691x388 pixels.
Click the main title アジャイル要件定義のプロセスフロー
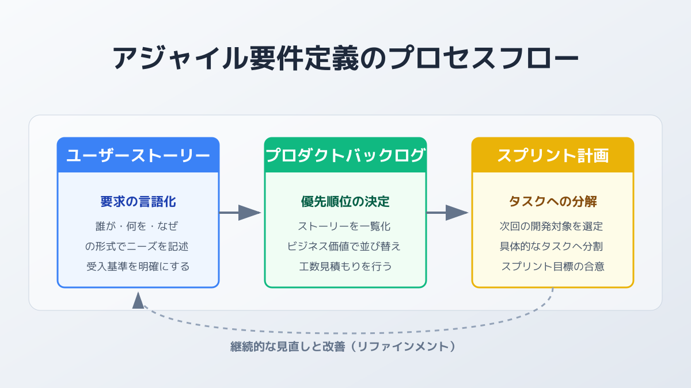point(345,58)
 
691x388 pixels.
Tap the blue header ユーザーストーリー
point(138,155)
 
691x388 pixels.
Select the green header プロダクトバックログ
point(345,155)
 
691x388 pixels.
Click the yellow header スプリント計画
point(553,155)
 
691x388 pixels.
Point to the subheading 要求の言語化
point(138,202)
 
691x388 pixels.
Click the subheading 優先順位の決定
point(345,202)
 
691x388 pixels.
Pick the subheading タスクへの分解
point(553,202)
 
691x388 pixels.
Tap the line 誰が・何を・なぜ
point(138,226)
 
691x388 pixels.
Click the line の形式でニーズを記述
point(138,247)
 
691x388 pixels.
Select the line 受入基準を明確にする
point(138,267)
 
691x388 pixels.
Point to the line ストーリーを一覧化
point(345,226)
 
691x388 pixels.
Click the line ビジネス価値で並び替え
point(345,247)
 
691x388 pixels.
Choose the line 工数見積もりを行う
point(345,267)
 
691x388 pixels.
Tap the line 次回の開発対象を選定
point(553,226)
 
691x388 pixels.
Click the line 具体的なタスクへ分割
point(553,247)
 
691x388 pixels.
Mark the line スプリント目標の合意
point(553,267)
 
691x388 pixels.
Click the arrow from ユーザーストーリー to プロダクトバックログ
point(241,213)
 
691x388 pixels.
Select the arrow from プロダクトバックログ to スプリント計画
point(448,213)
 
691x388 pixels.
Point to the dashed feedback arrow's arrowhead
point(138,300)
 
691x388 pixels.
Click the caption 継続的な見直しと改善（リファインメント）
point(345,347)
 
